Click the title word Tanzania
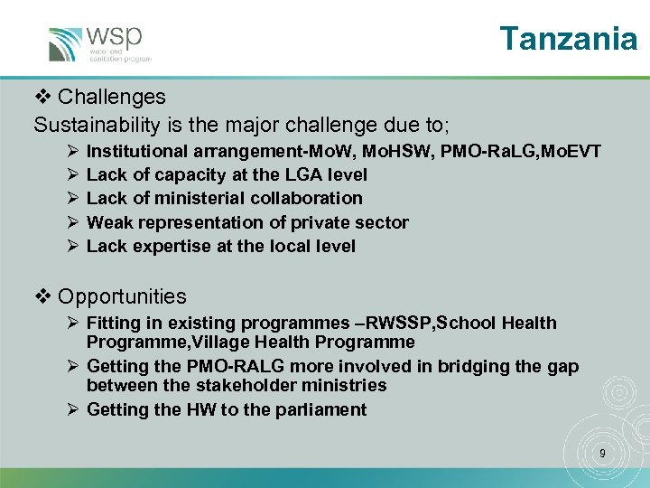pos(568,38)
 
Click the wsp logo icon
pos(66,44)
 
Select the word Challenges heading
pos(112,97)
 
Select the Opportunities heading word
pos(122,296)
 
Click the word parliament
pos(322,409)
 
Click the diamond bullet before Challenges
pos(42,97)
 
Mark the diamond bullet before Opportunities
pos(42,296)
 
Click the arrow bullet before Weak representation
pos(72,222)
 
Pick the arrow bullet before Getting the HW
pos(72,409)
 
